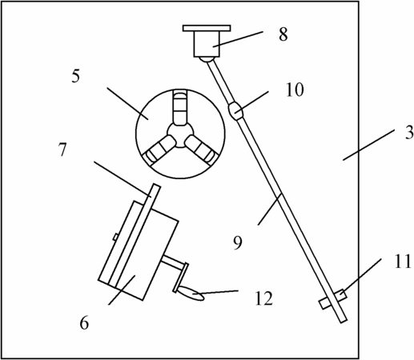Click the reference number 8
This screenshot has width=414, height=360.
tap(283, 34)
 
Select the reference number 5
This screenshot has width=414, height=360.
tap(75, 77)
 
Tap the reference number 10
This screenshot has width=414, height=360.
tap(295, 90)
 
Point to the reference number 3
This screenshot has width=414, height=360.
tap(409, 133)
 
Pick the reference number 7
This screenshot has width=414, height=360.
tap(62, 150)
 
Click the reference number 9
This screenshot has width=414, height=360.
tap(238, 243)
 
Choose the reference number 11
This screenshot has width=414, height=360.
tap(403, 262)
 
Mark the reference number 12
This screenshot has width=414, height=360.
tap(264, 298)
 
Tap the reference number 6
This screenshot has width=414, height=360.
tap(84, 323)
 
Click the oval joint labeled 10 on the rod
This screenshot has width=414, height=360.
tap(235, 111)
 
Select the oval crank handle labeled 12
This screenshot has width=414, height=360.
tap(191, 293)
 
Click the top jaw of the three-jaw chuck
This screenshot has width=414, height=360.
tap(180, 108)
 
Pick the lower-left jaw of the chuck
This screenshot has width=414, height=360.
tap(159, 149)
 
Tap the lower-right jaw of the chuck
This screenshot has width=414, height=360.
tap(201, 150)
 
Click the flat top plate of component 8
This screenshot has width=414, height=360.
tap(207, 28)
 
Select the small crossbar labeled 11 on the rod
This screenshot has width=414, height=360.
tap(332, 299)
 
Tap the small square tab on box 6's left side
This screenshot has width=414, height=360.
tap(115, 237)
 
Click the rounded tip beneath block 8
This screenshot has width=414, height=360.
tap(207, 59)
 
